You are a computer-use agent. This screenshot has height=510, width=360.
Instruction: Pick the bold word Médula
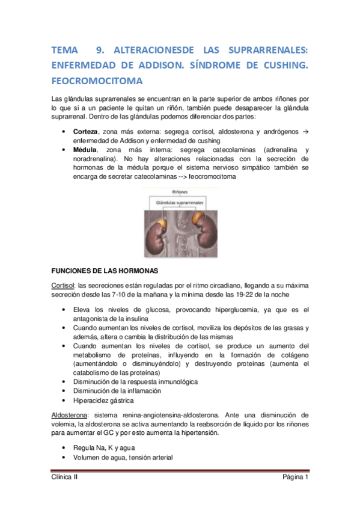(85, 149)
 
